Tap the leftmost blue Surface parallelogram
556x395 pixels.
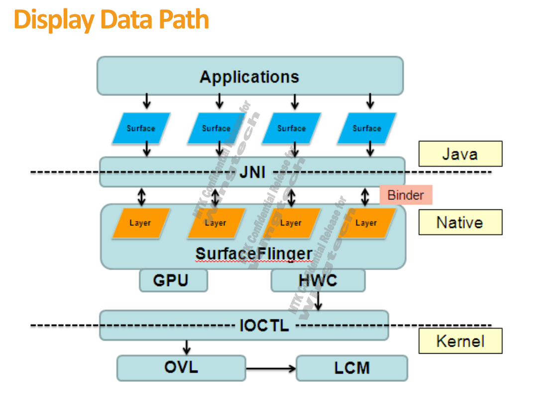click(141, 128)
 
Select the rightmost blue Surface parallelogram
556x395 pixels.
click(367, 128)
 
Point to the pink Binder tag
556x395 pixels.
click(406, 195)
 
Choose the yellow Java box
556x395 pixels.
click(460, 154)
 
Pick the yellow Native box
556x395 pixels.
click(460, 222)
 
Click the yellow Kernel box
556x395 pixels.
click(460, 341)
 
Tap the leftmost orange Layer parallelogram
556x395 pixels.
click(140, 223)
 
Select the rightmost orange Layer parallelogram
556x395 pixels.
click(366, 223)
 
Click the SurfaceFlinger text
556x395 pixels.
click(254, 254)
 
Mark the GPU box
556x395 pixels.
click(173, 280)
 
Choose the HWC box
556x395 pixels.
click(318, 280)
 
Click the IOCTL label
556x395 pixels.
click(264, 325)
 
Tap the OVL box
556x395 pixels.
click(181, 368)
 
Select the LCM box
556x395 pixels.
click(351, 368)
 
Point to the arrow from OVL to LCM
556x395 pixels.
click(271, 369)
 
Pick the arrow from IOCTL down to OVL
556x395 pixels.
click(187, 347)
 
